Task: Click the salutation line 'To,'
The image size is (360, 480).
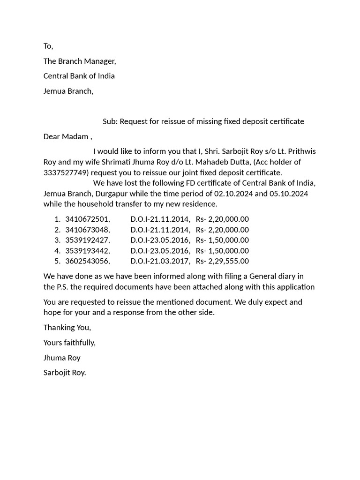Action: [48, 46]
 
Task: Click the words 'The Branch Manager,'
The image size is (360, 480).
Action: [80, 61]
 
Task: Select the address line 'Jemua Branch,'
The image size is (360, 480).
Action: [68, 91]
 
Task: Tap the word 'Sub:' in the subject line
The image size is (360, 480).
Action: [110, 121]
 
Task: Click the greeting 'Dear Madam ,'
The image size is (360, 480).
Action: [68, 136]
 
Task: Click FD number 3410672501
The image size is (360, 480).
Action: [88, 219]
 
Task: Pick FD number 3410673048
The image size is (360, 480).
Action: [88, 230]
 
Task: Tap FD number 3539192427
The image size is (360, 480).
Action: [88, 240]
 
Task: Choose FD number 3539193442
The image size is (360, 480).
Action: [88, 251]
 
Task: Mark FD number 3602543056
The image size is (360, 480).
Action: [88, 261]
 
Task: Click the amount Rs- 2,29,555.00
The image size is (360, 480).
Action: [222, 261]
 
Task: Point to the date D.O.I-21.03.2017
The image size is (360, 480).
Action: [160, 261]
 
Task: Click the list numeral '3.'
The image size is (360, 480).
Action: [57, 240]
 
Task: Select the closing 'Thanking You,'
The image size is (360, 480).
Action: [67, 327]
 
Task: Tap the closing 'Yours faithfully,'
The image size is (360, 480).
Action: [69, 342]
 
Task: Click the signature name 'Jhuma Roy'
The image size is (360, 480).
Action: [62, 358]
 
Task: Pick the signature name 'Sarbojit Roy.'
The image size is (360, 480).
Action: [65, 373]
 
